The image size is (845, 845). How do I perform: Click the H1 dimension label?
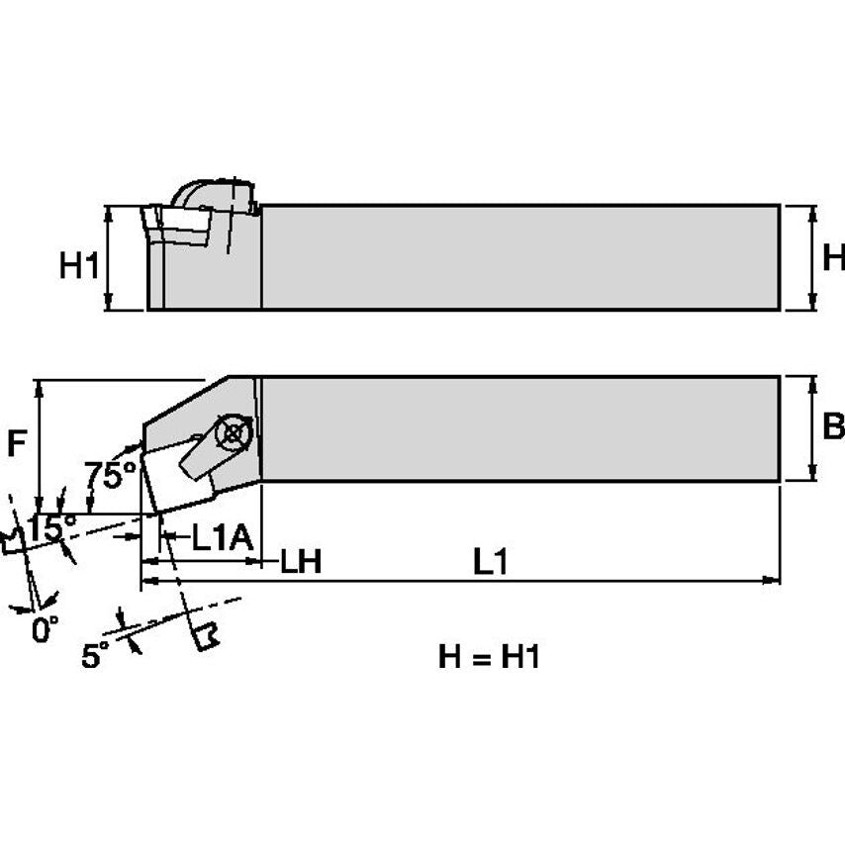click(79, 265)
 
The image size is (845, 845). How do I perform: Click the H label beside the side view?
click(833, 258)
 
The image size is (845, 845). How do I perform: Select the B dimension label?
click(833, 426)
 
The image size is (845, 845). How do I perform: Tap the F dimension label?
click(17, 444)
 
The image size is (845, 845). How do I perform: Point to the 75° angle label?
click(110, 476)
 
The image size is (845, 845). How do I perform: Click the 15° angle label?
click(50, 528)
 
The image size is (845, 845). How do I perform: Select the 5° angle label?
click(95, 655)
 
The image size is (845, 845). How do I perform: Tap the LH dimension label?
click(300, 562)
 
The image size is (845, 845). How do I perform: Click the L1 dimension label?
click(490, 562)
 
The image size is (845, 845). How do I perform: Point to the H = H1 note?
click(489, 656)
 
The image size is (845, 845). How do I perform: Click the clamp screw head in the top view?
click(234, 432)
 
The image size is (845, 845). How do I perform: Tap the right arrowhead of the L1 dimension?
click(773, 580)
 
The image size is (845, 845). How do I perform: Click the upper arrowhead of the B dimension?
click(813, 382)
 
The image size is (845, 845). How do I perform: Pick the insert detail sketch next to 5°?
click(206, 636)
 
